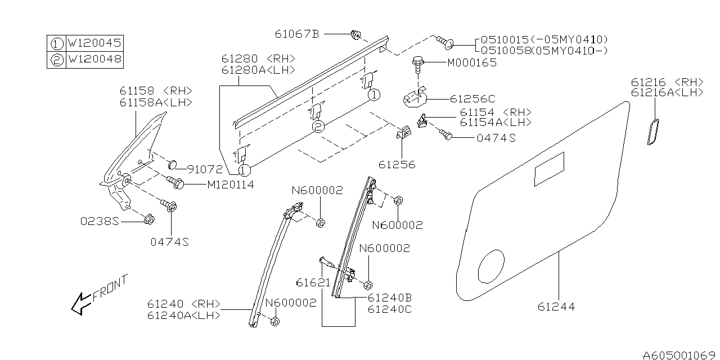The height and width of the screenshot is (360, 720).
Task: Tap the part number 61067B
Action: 297,34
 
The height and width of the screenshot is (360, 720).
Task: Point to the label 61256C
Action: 473,98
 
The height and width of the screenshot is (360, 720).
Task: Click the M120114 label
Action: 222,184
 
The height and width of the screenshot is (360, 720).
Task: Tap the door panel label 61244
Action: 556,307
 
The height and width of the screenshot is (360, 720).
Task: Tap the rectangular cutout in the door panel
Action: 549,169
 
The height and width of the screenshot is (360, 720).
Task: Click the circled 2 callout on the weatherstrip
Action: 318,127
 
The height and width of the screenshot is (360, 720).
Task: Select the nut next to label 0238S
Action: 148,219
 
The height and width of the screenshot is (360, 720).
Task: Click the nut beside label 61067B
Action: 355,35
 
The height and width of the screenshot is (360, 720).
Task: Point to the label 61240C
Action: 389,309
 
